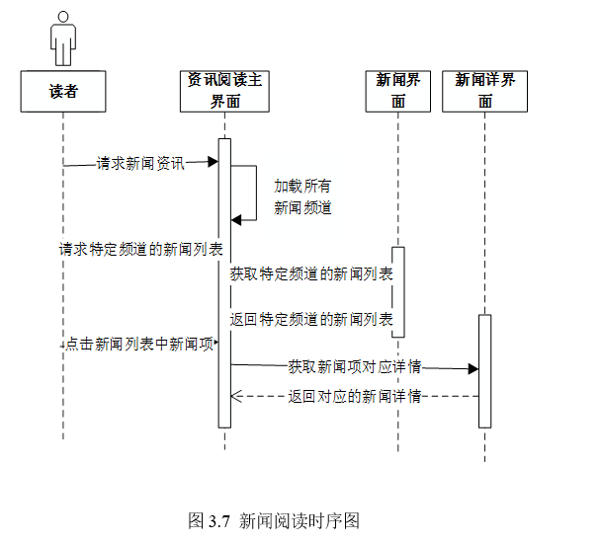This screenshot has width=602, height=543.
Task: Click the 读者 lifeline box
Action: click(63, 91)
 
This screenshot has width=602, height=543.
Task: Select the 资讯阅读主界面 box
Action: click(224, 91)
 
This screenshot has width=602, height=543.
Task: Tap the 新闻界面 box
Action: click(398, 91)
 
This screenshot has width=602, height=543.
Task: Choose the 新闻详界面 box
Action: click(484, 91)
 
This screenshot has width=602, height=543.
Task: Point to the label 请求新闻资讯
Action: click(140, 164)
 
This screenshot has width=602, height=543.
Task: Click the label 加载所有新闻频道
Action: click(302, 196)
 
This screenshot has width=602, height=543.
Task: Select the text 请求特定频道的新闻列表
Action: click(140, 249)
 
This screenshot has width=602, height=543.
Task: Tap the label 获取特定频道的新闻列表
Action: click(311, 274)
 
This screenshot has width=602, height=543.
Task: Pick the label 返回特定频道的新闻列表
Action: click(311, 320)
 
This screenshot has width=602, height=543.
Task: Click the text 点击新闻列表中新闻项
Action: click(140, 346)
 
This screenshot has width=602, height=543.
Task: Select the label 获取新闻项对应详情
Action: click(355, 366)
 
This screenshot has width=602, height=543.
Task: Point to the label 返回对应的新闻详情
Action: click(355, 397)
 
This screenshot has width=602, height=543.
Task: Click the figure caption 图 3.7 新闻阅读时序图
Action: click(287, 519)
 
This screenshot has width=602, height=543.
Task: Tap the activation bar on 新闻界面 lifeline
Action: click(398, 291)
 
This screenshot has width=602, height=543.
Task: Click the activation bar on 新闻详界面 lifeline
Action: click(484, 370)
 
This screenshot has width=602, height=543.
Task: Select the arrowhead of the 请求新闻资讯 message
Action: click(213, 161)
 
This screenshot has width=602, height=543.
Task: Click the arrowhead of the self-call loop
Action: click(236, 219)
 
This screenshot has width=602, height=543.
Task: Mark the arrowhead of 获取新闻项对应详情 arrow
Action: click(473, 368)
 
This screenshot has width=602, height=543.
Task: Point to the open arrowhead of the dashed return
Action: click(236, 396)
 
